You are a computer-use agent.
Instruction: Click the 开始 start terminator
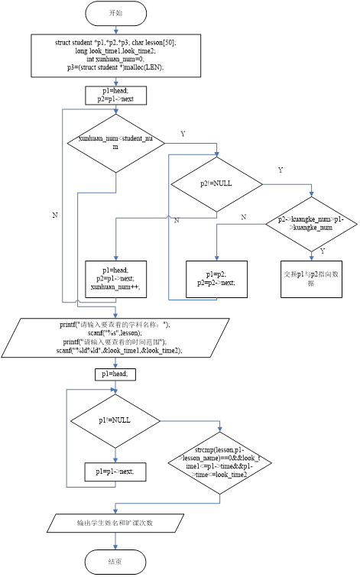(x=115, y=13)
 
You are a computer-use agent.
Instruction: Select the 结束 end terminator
(x=115, y=562)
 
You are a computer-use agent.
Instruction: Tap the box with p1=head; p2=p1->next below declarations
(x=115, y=95)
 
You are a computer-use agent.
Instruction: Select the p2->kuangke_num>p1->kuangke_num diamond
(x=310, y=223)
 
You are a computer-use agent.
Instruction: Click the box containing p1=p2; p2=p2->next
(x=216, y=278)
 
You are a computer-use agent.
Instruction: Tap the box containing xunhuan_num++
(x=115, y=278)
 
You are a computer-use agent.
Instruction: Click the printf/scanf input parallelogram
(x=115, y=337)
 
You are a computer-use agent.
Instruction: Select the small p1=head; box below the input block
(x=115, y=374)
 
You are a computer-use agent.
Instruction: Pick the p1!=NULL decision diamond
(x=115, y=421)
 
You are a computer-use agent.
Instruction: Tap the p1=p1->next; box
(x=115, y=472)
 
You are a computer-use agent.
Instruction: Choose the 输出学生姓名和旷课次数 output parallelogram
(x=115, y=524)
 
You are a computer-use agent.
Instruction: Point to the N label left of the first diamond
(x=54, y=216)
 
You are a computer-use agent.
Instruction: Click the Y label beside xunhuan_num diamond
(x=182, y=134)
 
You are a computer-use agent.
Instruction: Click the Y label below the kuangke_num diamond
(x=322, y=251)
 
